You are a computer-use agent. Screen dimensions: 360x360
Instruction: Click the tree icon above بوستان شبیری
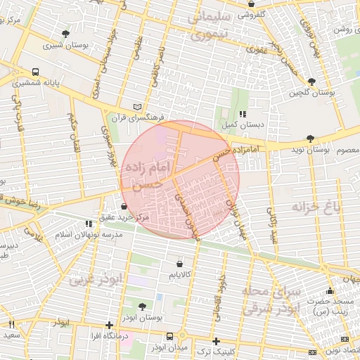tap(65, 33)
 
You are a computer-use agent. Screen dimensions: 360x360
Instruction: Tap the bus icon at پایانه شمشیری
tap(35, 72)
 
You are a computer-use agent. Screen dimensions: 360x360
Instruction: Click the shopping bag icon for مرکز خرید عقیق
tap(124, 207)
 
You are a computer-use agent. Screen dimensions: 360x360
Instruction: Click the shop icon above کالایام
tap(181, 264)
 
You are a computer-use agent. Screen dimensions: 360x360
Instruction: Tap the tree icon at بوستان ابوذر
tap(143, 307)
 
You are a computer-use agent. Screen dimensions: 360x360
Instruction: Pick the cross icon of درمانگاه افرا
tap(108, 325)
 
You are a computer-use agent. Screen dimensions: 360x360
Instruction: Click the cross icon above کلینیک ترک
tap(216, 341)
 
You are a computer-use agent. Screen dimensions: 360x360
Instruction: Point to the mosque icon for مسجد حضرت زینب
tap(330, 291)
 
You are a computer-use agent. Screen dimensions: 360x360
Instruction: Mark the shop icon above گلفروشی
tap(251, 4)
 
